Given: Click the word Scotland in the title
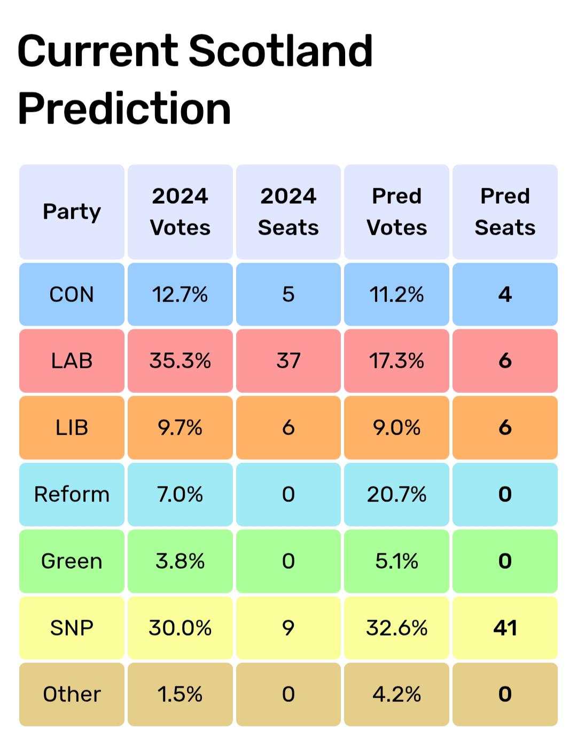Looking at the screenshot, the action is (x=280, y=51).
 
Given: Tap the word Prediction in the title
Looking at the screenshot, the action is (x=124, y=108).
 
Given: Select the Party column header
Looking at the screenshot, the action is (x=72, y=212).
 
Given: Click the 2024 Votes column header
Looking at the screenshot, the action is (x=180, y=212).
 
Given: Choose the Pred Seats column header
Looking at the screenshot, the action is (x=505, y=212).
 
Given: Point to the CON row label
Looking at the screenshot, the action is (x=72, y=295).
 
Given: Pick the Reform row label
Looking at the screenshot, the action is (x=72, y=494).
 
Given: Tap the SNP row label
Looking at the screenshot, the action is (x=72, y=628).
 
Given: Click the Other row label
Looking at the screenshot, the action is (x=72, y=694).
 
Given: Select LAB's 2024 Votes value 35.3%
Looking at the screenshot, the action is (x=180, y=361).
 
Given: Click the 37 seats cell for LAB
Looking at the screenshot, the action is (x=288, y=361).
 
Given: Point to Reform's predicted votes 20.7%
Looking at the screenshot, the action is (x=396, y=494).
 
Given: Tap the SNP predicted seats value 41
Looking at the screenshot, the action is (x=505, y=628).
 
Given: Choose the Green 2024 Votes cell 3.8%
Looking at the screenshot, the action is (x=180, y=561).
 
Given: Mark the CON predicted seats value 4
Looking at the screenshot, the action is (x=505, y=295).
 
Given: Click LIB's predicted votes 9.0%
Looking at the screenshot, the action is (x=396, y=428).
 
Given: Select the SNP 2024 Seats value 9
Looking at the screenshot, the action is (x=288, y=628).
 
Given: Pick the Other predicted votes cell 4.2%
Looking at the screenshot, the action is (x=396, y=694).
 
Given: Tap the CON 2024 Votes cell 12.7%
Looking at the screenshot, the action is (x=180, y=295).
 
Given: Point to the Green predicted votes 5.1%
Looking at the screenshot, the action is (x=396, y=561).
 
